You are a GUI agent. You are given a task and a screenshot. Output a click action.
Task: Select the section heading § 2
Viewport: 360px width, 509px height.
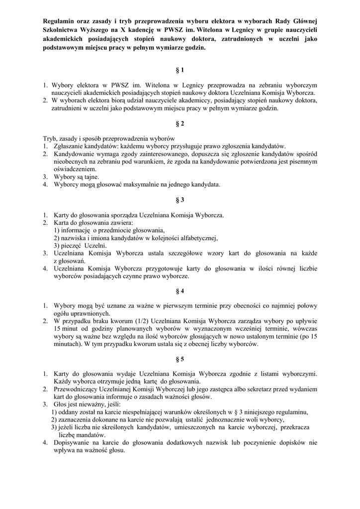tap(180, 123)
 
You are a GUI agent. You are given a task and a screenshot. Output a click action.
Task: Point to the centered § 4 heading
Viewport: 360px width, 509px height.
tap(180, 290)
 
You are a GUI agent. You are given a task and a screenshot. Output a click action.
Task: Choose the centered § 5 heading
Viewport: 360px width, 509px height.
tap(180, 359)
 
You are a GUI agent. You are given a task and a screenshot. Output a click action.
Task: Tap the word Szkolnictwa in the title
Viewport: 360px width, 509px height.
tap(62, 30)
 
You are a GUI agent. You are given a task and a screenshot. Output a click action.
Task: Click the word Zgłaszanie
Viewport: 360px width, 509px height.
tap(71, 146)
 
